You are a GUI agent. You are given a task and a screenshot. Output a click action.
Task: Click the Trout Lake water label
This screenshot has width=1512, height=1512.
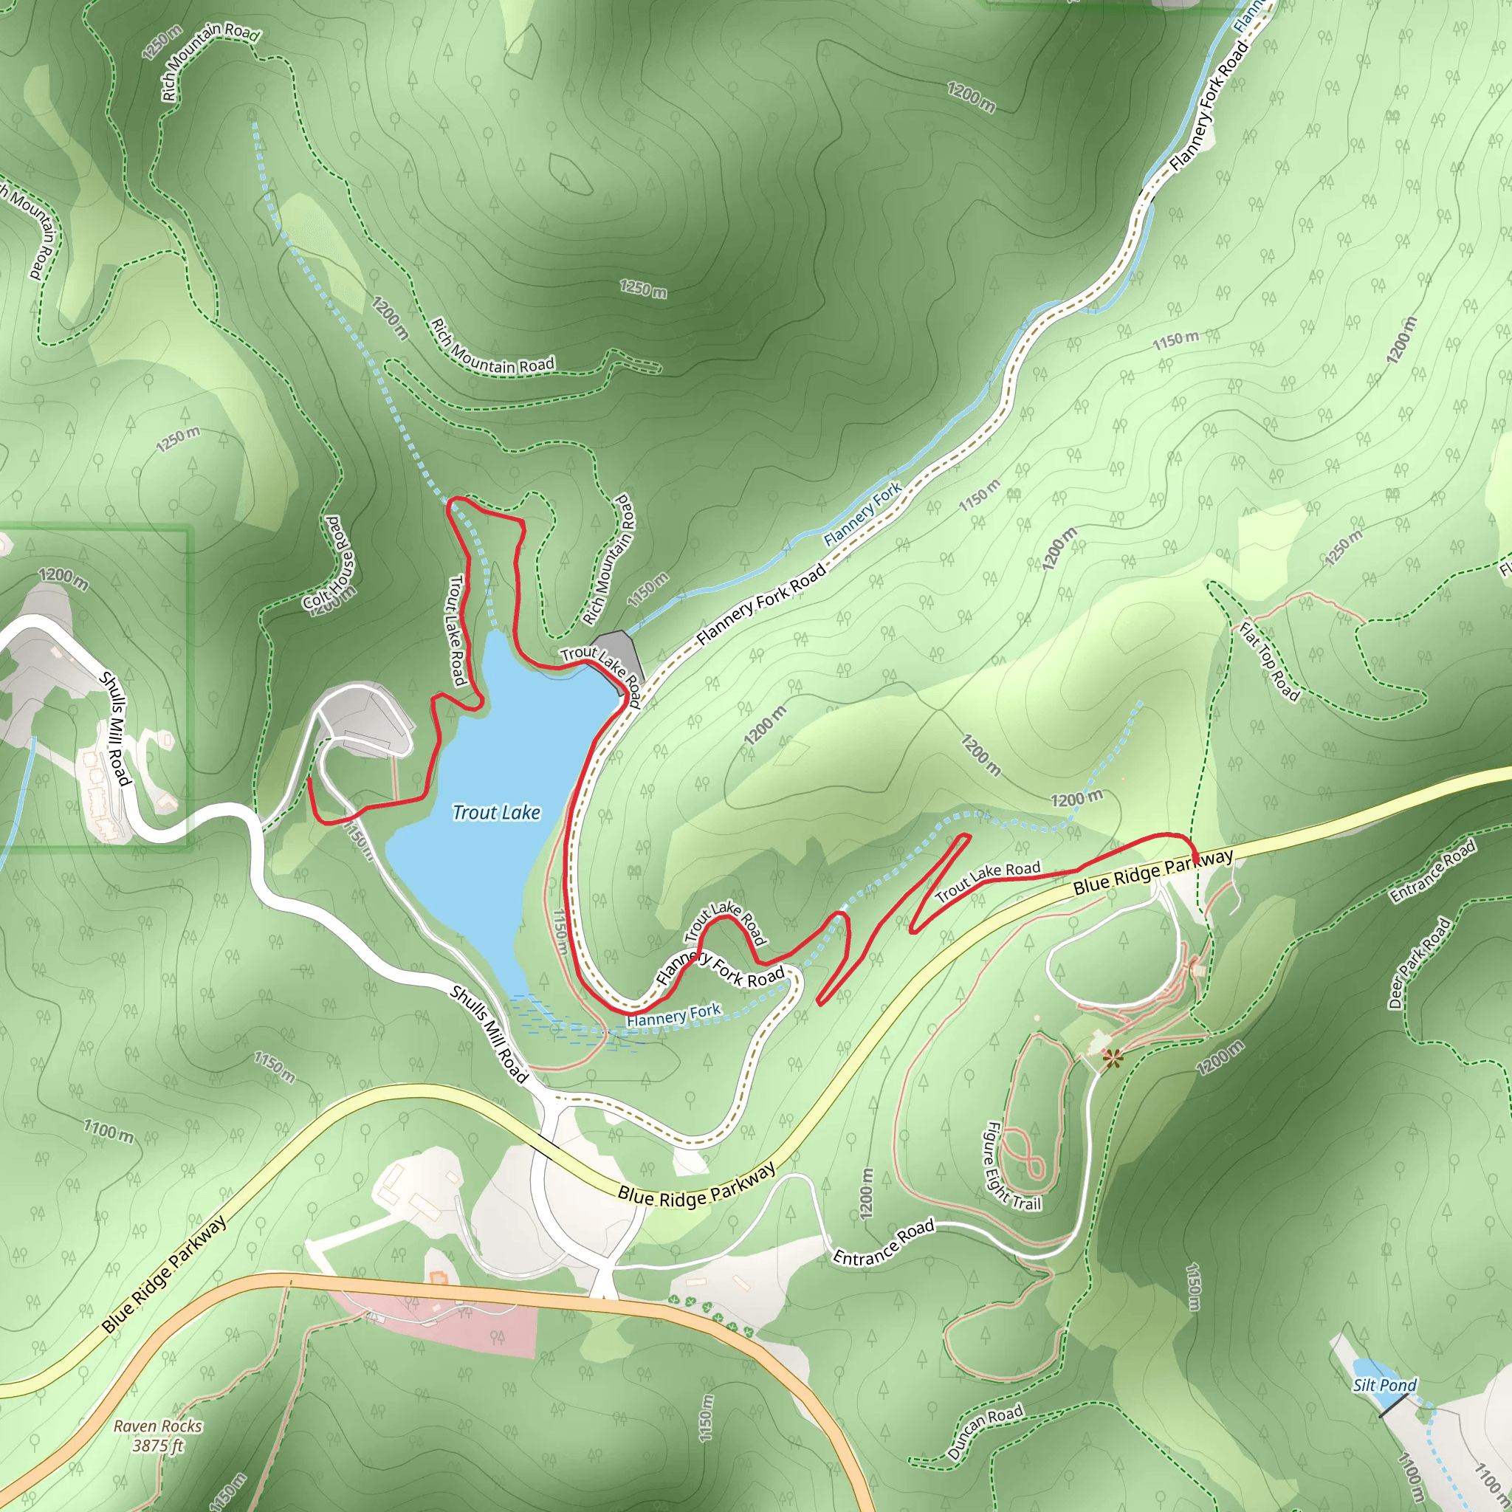pos(496,812)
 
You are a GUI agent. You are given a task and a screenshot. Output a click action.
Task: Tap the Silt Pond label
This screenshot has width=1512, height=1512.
pos(1384,1385)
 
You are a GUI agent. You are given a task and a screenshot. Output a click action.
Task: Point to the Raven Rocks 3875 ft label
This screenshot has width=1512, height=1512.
pos(157,1436)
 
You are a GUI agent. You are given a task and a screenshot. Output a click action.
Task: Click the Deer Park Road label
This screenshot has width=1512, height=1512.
pos(1419,962)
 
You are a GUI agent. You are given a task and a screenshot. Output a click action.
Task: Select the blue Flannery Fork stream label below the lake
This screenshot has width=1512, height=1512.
pos(673,1015)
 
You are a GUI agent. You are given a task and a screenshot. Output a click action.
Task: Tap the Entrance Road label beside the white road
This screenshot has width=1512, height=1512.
pos(884,1242)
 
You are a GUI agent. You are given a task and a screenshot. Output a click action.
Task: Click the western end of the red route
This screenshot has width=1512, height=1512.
pos(310,780)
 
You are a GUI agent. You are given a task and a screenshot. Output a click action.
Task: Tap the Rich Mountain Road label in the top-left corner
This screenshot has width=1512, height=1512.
pos(210,63)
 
